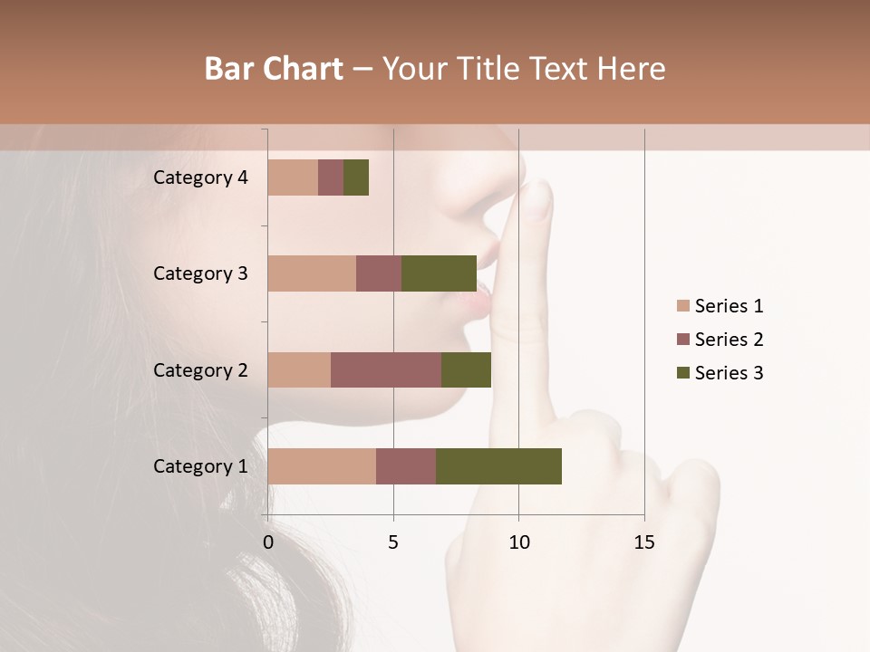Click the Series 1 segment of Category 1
(x=322, y=465)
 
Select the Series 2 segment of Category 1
(x=406, y=465)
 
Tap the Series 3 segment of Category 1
(x=498, y=465)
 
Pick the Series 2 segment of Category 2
(x=386, y=369)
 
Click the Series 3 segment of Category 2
(x=466, y=369)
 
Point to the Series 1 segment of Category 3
(x=312, y=273)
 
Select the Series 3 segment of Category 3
(x=439, y=273)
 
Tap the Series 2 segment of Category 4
(x=331, y=177)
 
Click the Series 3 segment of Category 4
(x=356, y=177)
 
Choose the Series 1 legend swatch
(x=683, y=306)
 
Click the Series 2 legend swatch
(x=683, y=340)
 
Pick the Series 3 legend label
(x=729, y=373)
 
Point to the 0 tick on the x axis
(x=268, y=542)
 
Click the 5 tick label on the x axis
(x=393, y=542)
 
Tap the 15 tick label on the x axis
(x=644, y=542)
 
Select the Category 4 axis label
(x=200, y=177)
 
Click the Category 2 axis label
(x=200, y=369)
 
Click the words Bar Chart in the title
(x=274, y=69)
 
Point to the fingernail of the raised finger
(x=539, y=200)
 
